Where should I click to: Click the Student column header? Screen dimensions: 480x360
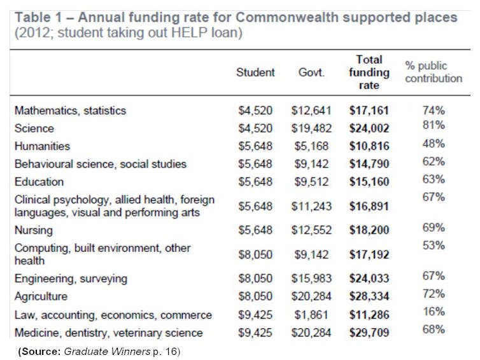[x=255, y=73]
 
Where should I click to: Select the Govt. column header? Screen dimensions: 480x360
[x=311, y=73]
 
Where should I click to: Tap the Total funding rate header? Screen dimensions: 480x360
[x=369, y=72]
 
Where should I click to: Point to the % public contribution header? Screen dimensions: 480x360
[x=434, y=72]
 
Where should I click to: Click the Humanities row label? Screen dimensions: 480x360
[x=42, y=146]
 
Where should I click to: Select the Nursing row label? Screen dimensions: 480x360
[x=34, y=230]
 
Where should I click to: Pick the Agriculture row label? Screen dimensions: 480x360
[x=41, y=296]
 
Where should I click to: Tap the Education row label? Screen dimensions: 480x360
[x=39, y=182]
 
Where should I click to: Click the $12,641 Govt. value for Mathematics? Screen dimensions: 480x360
[x=311, y=111]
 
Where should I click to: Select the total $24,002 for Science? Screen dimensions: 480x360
[x=369, y=128]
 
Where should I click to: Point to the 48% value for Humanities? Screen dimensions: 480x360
[x=434, y=144]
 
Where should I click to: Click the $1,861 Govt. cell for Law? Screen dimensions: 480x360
[x=311, y=315]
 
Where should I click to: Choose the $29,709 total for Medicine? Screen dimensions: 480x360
[x=369, y=333]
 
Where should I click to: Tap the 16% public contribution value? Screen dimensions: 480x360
[x=434, y=312]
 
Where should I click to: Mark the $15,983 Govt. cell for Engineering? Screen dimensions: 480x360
[x=311, y=279]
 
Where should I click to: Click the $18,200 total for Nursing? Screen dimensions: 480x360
[x=369, y=230]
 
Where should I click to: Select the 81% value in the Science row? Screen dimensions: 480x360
[x=434, y=125]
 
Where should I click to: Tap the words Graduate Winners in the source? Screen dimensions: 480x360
[x=107, y=352]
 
